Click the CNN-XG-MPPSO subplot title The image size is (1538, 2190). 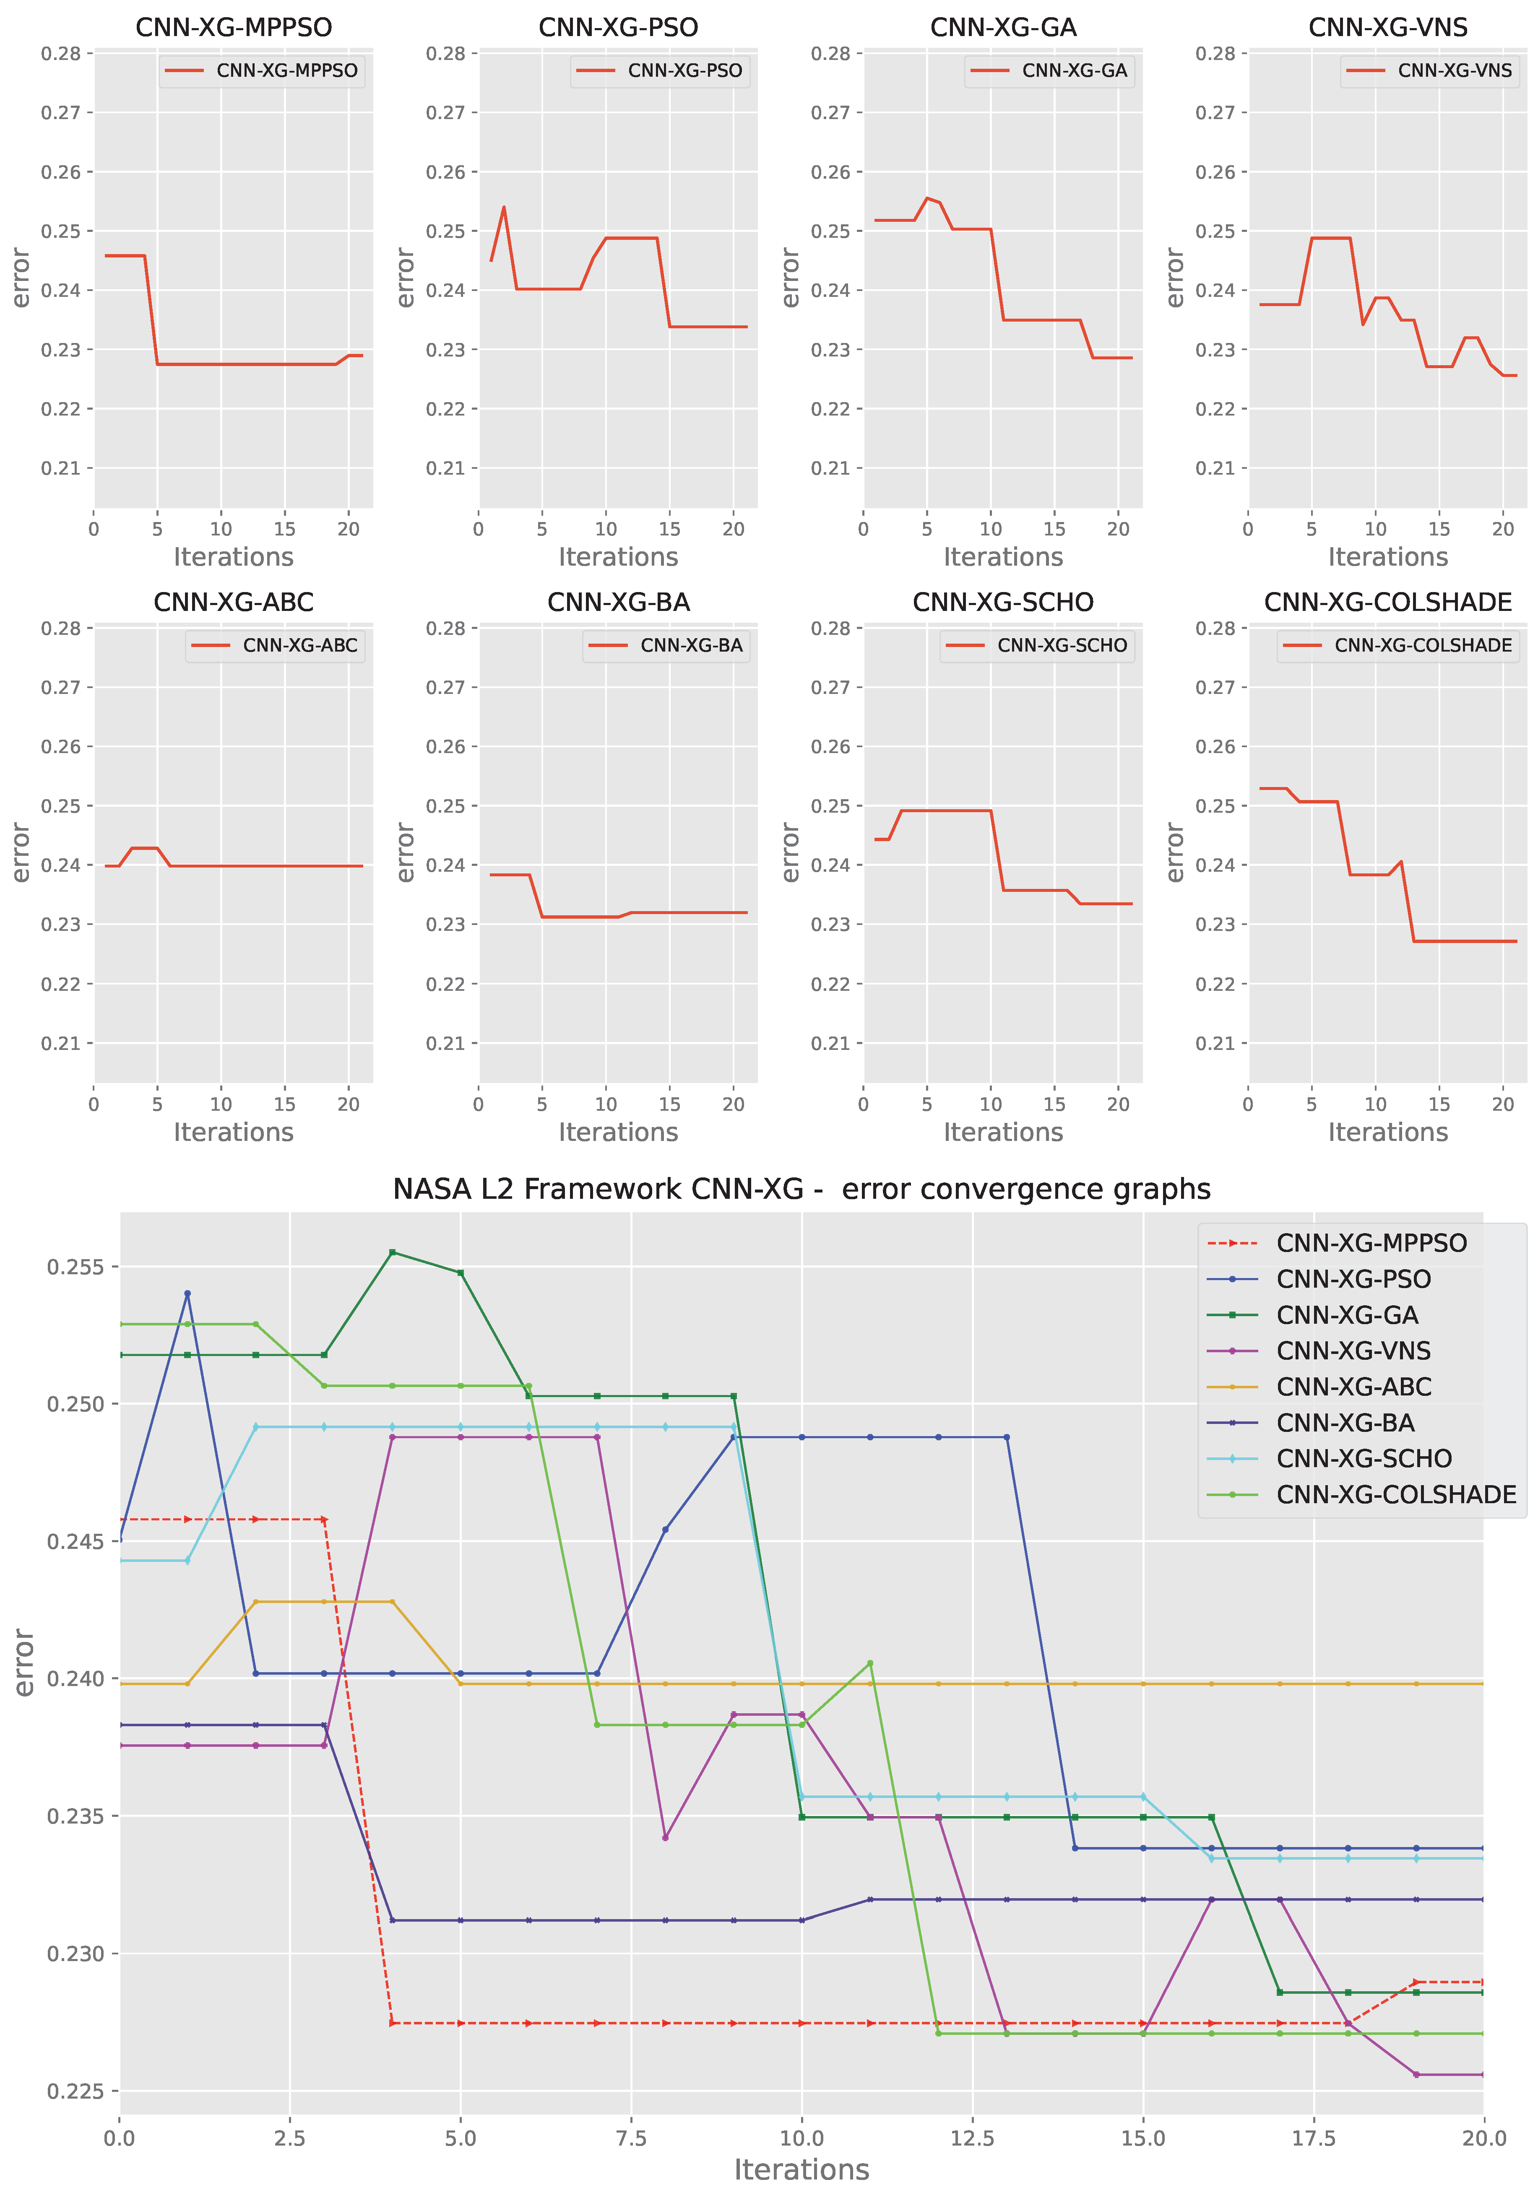234,28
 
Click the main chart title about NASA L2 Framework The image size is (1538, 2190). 802,1190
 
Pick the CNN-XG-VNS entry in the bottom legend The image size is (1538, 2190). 1353,1351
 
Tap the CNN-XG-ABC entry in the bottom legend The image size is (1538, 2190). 1353,1387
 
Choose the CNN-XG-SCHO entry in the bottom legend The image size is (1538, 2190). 1364,1458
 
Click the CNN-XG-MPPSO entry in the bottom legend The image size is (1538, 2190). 1371,1243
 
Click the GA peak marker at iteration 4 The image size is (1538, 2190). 392,1252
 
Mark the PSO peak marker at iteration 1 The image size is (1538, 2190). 188,1294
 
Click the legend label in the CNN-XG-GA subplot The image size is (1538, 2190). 1074,70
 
